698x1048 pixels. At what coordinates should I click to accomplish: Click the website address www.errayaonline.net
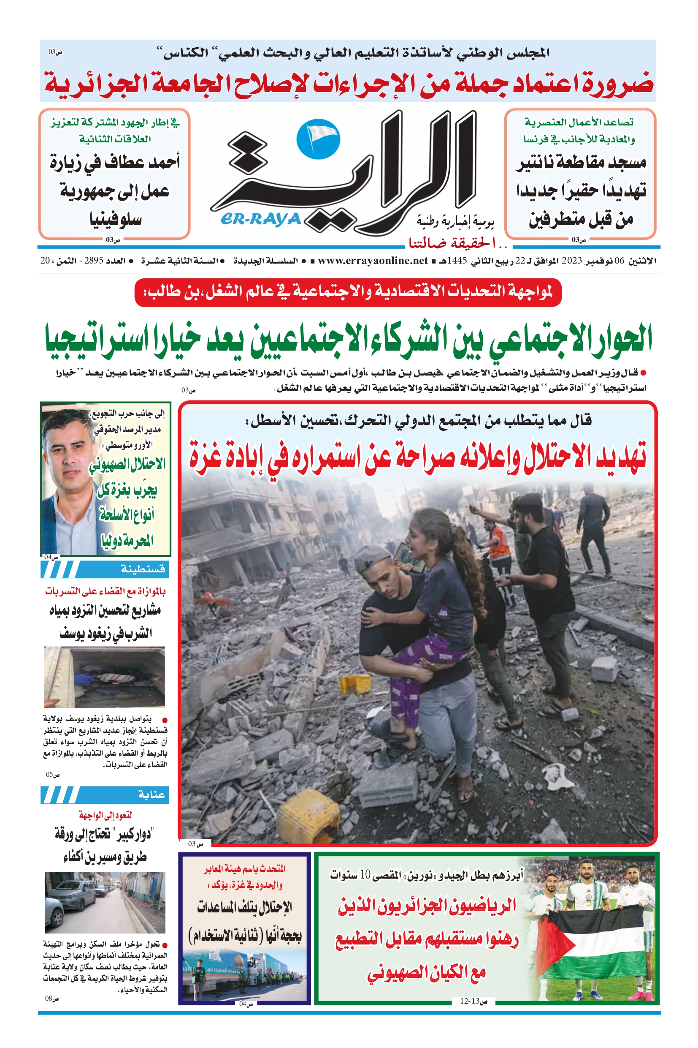coord(373,261)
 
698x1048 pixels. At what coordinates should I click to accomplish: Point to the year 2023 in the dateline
coord(571,261)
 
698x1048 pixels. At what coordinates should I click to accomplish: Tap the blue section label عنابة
coord(151,795)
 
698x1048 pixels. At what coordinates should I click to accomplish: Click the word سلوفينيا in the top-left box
coord(115,219)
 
